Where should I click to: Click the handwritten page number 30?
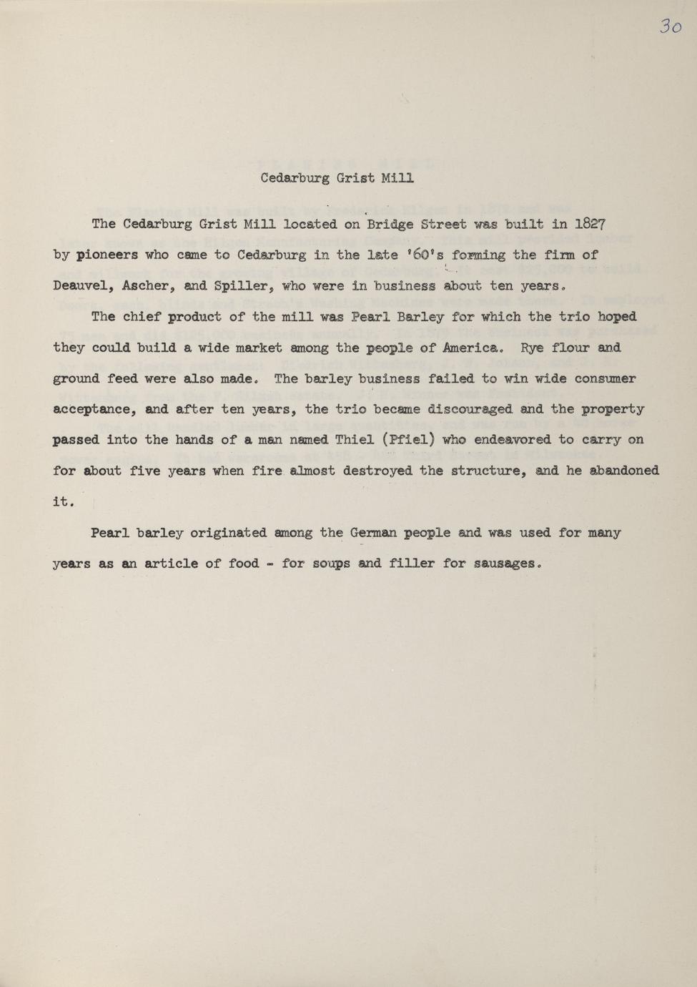(670, 26)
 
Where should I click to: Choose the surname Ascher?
(147, 286)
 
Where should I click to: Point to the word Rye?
(533, 348)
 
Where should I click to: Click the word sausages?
(504, 564)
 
